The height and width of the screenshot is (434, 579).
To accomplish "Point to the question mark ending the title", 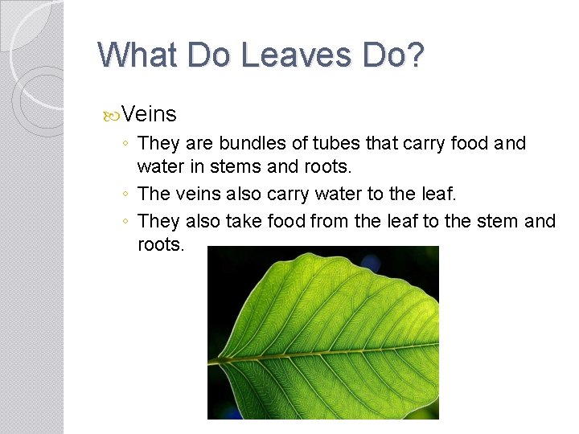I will [x=413, y=55].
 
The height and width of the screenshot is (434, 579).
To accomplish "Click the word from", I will [x=331, y=220].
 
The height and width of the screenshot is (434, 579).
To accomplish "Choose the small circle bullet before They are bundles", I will [x=127, y=145].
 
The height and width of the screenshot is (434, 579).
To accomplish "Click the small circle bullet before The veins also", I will [x=127, y=194].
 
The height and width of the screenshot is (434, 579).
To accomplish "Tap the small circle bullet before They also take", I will [x=127, y=221].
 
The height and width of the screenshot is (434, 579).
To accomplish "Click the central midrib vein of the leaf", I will [x=322, y=353].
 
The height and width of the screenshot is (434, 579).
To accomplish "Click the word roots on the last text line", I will [x=161, y=244].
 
